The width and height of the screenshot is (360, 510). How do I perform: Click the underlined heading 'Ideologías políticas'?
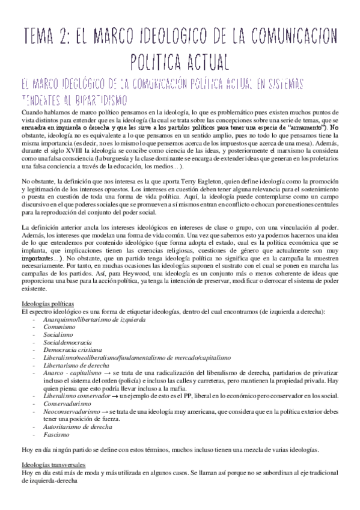[47, 304]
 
